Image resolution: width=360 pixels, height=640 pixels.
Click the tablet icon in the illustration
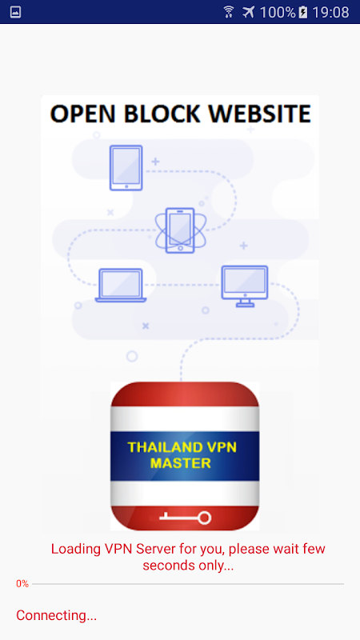tap(126, 168)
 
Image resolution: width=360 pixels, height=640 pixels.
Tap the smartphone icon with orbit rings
tap(180, 230)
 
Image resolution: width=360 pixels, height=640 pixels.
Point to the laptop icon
tap(121, 286)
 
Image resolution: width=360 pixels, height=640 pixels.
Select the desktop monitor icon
tap(245, 286)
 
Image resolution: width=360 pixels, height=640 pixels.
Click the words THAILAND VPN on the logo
tap(182, 447)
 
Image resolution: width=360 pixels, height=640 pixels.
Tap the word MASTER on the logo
tap(181, 463)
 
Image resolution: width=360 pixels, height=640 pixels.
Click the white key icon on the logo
tap(185, 518)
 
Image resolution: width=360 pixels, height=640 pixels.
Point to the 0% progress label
tap(22, 584)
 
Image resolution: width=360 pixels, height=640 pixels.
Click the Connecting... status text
tap(56, 615)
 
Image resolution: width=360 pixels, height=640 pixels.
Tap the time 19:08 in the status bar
tap(330, 12)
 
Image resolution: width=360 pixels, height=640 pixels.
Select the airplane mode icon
tap(248, 12)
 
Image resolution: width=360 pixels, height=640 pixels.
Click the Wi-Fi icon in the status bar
tap(229, 12)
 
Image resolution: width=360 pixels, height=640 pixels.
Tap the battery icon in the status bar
tap(303, 12)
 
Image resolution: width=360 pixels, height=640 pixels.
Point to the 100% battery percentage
tap(278, 12)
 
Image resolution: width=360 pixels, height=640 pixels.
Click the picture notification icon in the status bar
tap(15, 12)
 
